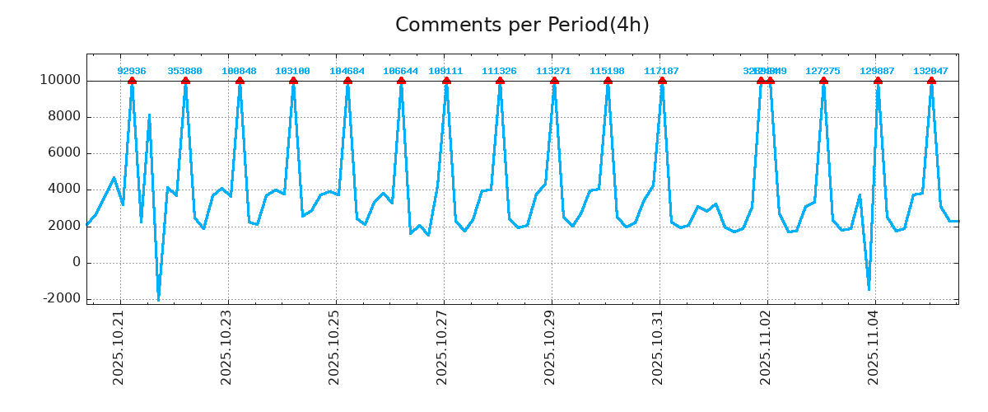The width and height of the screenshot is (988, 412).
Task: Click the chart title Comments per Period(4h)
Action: click(522, 25)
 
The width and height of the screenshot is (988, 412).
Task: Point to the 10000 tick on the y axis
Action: click(59, 80)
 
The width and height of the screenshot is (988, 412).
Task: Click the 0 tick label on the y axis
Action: click(76, 262)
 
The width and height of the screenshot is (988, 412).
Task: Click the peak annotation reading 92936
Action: click(132, 71)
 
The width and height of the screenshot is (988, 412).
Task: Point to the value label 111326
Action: click(499, 71)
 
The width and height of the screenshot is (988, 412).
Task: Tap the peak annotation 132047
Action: click(930, 71)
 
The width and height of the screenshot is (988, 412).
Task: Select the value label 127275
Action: click(823, 71)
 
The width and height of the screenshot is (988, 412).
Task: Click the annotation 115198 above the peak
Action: click(607, 71)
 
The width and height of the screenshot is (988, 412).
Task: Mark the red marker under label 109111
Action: click(446, 81)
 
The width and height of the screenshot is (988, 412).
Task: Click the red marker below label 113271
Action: click(554, 81)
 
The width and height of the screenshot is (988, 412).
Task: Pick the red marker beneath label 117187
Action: click(662, 81)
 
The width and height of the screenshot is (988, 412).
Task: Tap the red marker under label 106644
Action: click(401, 81)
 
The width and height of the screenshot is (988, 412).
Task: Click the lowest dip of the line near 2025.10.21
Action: click(158, 299)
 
